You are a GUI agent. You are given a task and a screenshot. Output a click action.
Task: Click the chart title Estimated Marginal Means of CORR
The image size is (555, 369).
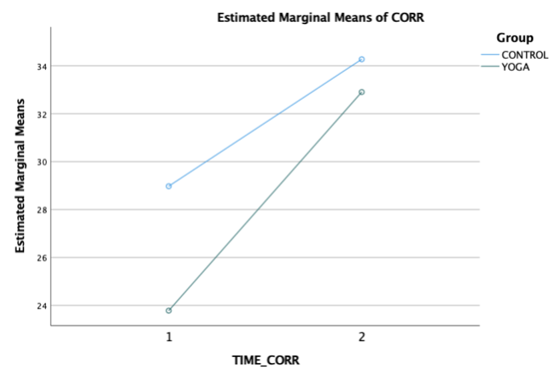(x=321, y=18)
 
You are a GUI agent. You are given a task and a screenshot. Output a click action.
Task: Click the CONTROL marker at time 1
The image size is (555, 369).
(x=169, y=186)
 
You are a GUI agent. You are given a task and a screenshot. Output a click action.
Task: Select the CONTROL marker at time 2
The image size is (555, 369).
(x=362, y=59)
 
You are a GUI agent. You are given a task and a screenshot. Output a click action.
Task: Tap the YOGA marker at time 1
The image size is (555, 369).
(x=169, y=310)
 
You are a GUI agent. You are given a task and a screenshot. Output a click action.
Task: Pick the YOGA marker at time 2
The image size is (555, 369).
(x=362, y=92)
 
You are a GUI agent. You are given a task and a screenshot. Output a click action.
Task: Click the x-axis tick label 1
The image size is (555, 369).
(x=169, y=338)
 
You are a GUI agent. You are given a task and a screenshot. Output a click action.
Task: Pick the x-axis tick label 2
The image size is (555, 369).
(x=362, y=338)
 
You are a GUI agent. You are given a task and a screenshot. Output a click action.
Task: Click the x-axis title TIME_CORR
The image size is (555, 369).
(x=265, y=360)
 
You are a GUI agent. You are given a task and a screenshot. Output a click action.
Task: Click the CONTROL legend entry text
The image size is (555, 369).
(x=524, y=55)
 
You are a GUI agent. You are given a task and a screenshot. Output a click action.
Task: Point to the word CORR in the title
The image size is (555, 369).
(x=410, y=18)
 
